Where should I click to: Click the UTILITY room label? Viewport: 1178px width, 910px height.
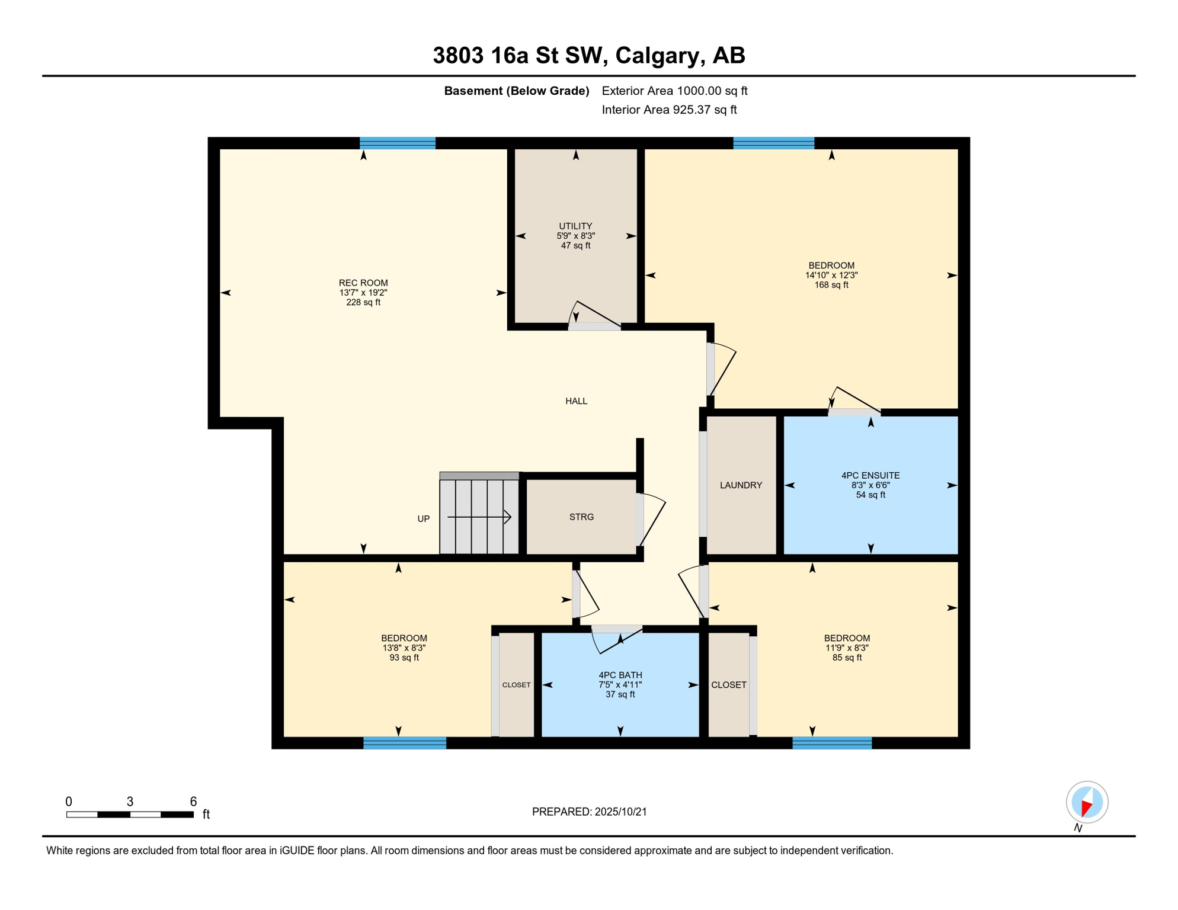tap(575, 226)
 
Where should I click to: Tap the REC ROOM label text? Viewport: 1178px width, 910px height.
tap(363, 283)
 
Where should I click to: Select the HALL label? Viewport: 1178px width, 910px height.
tap(576, 401)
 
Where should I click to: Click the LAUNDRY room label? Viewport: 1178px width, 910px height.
tap(741, 485)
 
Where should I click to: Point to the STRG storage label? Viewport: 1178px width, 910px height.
tap(581, 517)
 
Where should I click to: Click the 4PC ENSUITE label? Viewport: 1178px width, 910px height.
tap(870, 476)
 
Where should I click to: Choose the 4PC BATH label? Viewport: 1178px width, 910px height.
tap(620, 675)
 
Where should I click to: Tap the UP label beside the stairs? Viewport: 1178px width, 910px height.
tap(423, 519)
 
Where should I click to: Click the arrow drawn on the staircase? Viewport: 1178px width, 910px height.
tap(479, 517)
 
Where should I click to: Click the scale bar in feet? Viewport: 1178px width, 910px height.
tap(130, 815)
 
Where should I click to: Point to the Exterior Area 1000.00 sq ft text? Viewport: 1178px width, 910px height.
tap(674, 91)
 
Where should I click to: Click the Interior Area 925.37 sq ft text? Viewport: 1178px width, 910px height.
tap(669, 110)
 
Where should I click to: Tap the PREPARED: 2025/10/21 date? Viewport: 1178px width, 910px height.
tap(589, 812)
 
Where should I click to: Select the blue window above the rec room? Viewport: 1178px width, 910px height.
tap(398, 143)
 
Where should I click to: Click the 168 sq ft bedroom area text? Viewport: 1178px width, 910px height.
tap(831, 285)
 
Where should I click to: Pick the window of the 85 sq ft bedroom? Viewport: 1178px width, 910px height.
tap(832, 743)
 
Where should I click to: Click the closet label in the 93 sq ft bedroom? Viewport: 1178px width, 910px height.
tap(516, 685)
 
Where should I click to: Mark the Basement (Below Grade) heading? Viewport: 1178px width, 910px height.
tap(517, 91)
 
